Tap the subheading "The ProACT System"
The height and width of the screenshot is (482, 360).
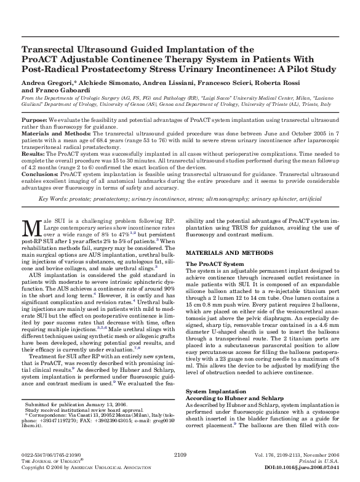pyautogui.click(x=214, y=264)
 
